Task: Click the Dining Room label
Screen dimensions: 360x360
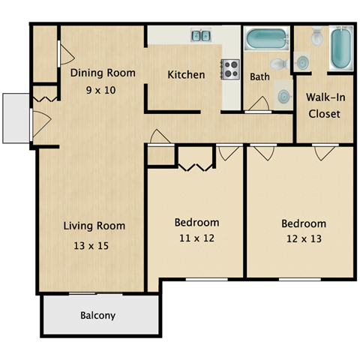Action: pos(103,73)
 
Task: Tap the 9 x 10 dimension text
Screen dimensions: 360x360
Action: pos(103,88)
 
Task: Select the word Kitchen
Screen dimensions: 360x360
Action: pos(186,75)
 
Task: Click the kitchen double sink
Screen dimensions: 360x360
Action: pos(200,35)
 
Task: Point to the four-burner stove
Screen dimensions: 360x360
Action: pos(229,69)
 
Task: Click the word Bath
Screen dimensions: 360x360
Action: pos(259,76)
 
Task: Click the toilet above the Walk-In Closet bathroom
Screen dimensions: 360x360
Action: pos(316,35)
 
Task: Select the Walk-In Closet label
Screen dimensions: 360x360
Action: pos(324,106)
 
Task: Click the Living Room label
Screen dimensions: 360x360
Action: pos(94,226)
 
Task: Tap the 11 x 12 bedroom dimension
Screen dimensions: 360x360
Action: pos(196,238)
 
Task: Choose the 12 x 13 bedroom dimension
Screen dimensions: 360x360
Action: pos(304,239)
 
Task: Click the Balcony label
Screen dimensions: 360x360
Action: pos(98,316)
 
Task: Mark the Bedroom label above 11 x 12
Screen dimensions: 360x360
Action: pos(196,223)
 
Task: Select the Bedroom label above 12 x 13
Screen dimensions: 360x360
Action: pos(304,223)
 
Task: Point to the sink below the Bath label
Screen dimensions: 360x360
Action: pos(284,96)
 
